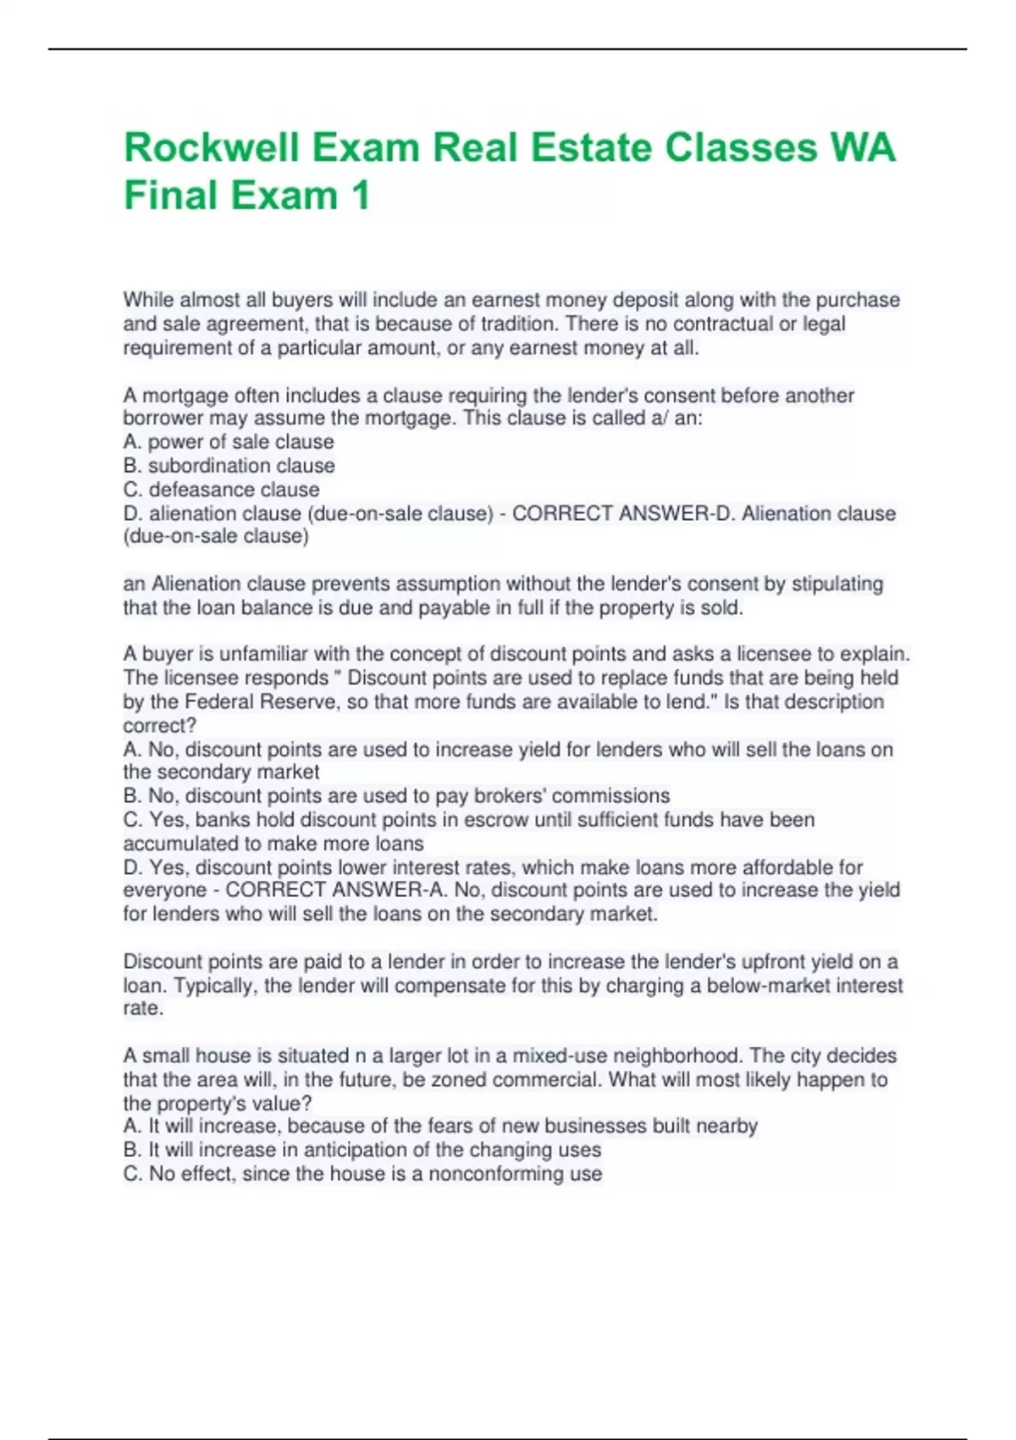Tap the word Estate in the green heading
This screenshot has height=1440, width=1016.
point(591,147)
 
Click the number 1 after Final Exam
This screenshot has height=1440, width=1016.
point(361,196)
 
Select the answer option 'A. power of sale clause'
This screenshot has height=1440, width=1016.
point(229,441)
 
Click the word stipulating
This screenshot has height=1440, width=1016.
point(837,584)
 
